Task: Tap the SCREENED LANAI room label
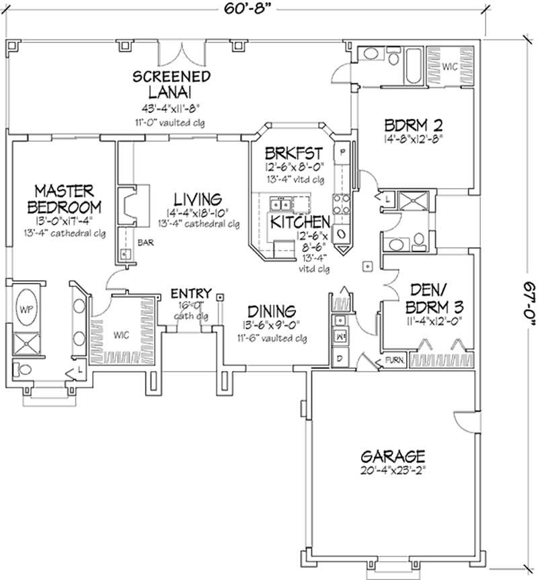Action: pyautogui.click(x=171, y=83)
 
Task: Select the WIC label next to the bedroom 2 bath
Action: pyautogui.click(x=451, y=66)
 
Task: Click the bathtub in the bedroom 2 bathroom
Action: pyautogui.click(x=412, y=67)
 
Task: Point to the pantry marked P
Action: pyautogui.click(x=342, y=153)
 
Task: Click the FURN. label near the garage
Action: pyautogui.click(x=395, y=360)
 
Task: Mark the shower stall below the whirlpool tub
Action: pyautogui.click(x=28, y=343)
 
